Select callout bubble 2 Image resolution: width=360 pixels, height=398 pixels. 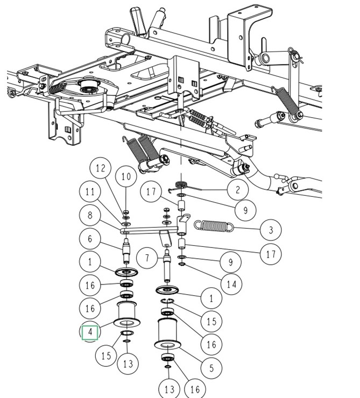(x=237, y=190)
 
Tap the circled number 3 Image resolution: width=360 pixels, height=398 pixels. (x=270, y=230)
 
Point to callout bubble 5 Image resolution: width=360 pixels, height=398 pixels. (x=211, y=368)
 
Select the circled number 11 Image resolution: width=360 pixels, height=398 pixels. (x=90, y=193)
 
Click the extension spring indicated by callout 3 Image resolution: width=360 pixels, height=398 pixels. (x=213, y=226)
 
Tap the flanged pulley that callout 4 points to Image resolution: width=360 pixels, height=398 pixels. (x=127, y=314)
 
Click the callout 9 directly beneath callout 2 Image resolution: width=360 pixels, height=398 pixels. (x=245, y=210)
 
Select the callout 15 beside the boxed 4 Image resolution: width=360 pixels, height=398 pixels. (x=106, y=356)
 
